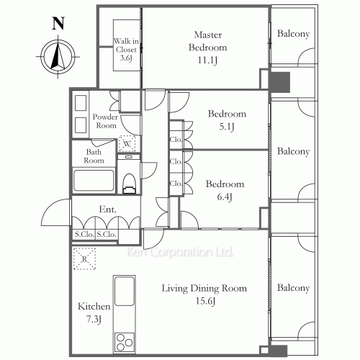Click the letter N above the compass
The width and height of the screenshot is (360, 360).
58,24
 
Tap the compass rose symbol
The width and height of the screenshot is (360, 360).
58,57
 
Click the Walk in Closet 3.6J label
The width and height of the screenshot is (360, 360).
126,50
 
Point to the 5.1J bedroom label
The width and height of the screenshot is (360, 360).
227,120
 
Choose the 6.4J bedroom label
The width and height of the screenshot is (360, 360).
225,190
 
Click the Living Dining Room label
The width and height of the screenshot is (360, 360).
204,294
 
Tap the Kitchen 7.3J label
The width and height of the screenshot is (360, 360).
94,313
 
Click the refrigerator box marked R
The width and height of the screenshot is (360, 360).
84,258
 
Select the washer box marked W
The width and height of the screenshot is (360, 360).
127,143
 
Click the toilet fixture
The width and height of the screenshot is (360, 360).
129,184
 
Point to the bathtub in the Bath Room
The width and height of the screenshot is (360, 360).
94,181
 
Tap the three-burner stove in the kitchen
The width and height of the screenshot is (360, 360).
125,343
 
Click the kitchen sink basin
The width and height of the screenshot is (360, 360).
125,291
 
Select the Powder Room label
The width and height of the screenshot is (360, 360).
105,121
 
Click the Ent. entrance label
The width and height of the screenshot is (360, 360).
108,210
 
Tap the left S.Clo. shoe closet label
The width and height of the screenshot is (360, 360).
84,234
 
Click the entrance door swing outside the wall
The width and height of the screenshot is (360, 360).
55,212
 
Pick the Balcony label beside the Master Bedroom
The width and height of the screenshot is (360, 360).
293,34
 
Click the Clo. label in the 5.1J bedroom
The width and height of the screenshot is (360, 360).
176,140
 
